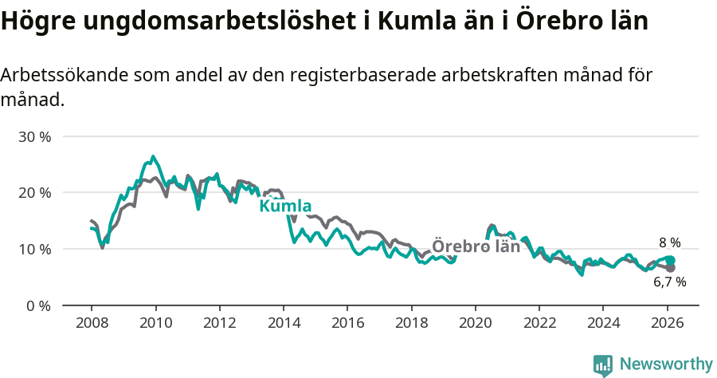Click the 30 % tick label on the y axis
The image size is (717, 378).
pyautogui.click(x=34, y=136)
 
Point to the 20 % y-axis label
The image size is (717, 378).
pyautogui.click(x=34, y=192)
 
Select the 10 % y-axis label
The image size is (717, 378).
pyautogui.click(x=34, y=249)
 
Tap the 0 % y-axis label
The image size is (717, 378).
pyautogui.click(x=37, y=305)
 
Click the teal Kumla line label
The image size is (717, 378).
pyautogui.click(x=285, y=206)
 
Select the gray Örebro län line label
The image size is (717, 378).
pyautogui.click(x=476, y=246)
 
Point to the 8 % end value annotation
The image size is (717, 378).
pyautogui.click(x=669, y=243)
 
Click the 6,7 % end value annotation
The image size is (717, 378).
pyautogui.click(x=669, y=282)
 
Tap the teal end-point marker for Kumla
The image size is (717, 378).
pyautogui.click(x=670, y=261)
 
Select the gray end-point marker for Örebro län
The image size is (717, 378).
pyautogui.click(x=670, y=268)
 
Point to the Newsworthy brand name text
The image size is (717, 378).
pyautogui.click(x=665, y=364)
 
